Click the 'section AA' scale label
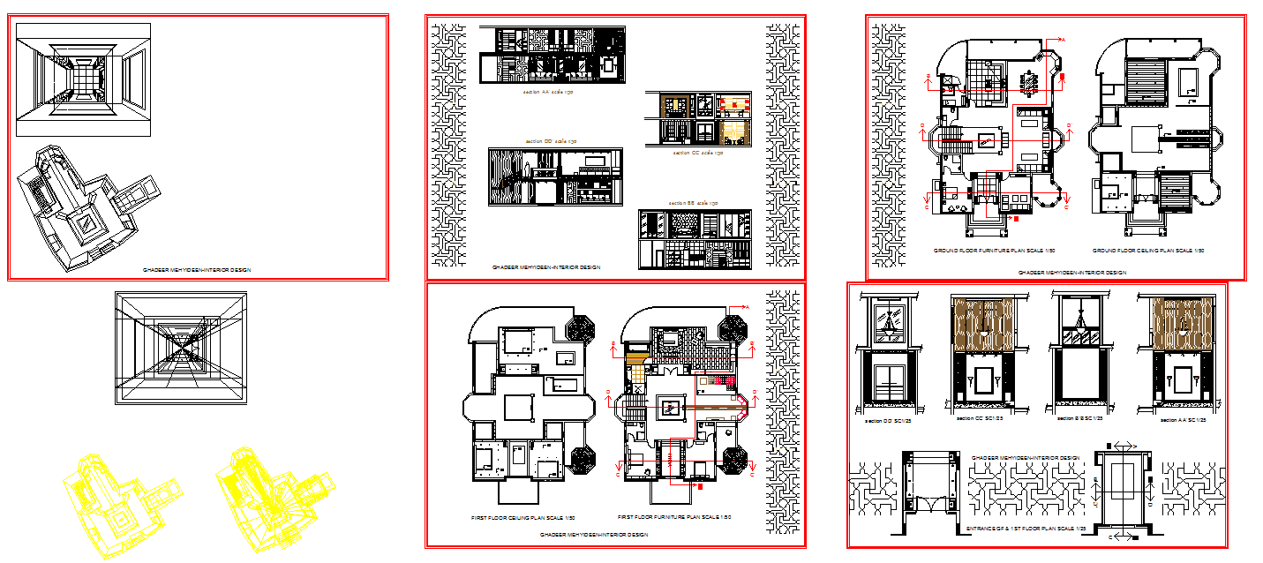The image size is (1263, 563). pyautogui.click(x=548, y=92)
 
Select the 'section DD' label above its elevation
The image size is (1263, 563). pyautogui.click(x=551, y=141)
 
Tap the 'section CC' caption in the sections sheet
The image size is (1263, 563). pyautogui.click(x=698, y=153)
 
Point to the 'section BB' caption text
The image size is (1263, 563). pyautogui.click(x=693, y=204)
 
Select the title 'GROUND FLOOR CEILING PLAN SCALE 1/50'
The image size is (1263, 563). pyautogui.click(x=1147, y=251)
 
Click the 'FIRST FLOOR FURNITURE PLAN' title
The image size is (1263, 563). pyautogui.click(x=674, y=517)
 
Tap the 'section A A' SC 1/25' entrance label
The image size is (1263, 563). pyautogui.click(x=1183, y=420)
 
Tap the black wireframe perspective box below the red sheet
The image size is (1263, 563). pyautogui.click(x=180, y=349)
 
